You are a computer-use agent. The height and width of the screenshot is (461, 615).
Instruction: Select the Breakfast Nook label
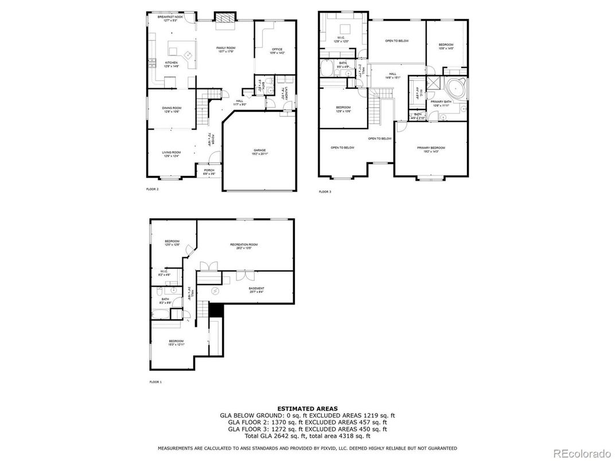[170, 18]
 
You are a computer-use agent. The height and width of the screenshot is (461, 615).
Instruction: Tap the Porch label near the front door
[208, 171]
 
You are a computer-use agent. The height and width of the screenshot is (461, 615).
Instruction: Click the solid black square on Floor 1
[215, 310]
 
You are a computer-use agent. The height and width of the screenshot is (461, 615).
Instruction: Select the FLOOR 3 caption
[325, 192]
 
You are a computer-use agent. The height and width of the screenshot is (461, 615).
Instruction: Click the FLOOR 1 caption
[155, 382]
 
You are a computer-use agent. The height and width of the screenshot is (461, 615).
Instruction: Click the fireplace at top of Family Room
[224, 17]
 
